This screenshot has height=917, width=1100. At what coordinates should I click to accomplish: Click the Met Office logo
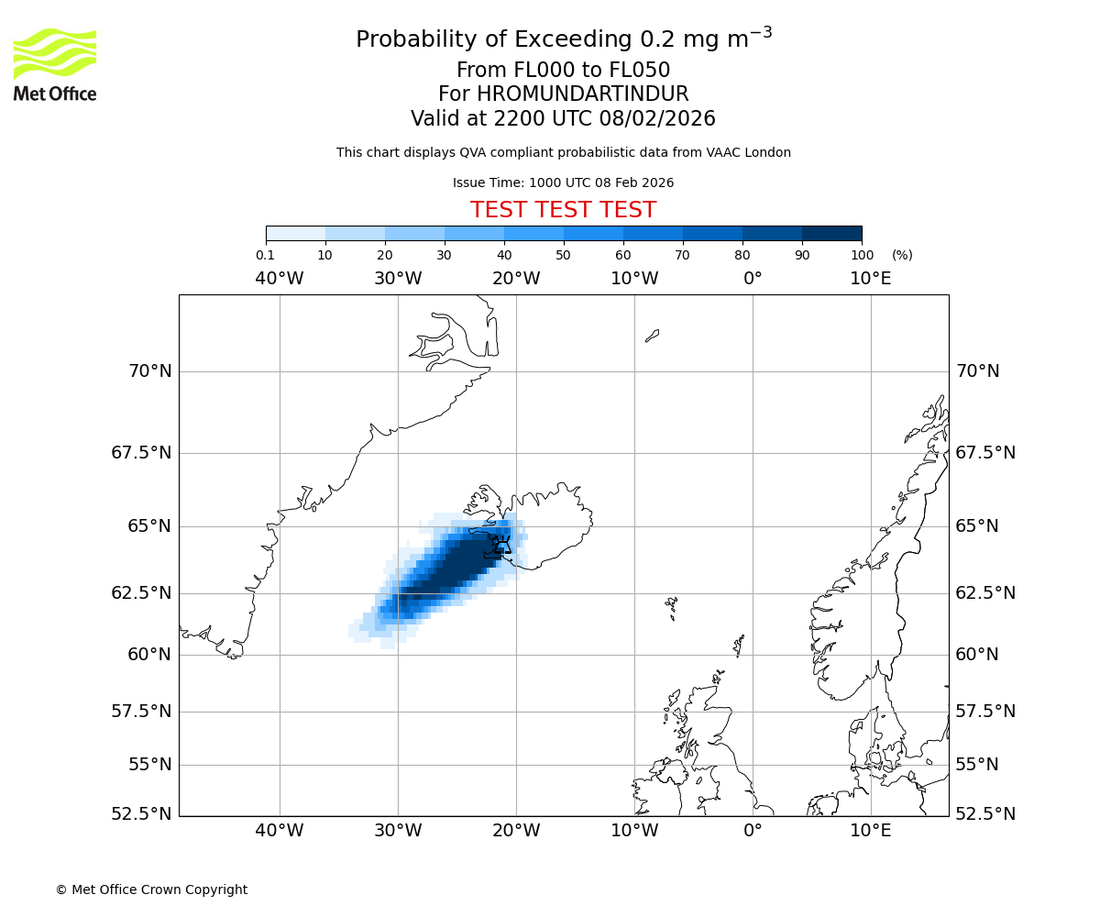tap(55, 64)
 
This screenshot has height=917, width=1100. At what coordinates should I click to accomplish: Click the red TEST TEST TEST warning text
tap(563, 210)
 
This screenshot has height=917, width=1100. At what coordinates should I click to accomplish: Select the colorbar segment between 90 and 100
tap(831, 233)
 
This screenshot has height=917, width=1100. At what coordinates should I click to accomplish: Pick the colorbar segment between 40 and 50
tap(533, 233)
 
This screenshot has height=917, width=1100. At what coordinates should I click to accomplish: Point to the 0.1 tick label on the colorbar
tap(266, 255)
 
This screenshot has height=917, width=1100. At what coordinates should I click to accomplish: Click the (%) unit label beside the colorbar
tap(902, 255)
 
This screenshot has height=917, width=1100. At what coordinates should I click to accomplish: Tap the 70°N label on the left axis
tap(148, 371)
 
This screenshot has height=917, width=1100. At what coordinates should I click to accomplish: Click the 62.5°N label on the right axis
tap(985, 593)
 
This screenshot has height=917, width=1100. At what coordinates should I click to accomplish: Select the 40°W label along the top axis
tap(280, 279)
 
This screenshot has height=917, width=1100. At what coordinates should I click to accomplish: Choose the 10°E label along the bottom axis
tap(870, 831)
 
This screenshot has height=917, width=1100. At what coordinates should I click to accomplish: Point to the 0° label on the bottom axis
tap(753, 831)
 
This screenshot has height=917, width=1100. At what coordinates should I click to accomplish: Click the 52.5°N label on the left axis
tap(140, 814)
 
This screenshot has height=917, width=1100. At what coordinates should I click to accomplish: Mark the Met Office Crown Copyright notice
tap(151, 889)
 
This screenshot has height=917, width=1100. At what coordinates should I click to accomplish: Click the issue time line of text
tap(563, 182)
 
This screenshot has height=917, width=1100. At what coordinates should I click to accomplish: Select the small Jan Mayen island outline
tap(652, 336)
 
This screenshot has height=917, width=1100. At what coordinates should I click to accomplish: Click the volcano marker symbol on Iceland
tap(501, 548)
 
